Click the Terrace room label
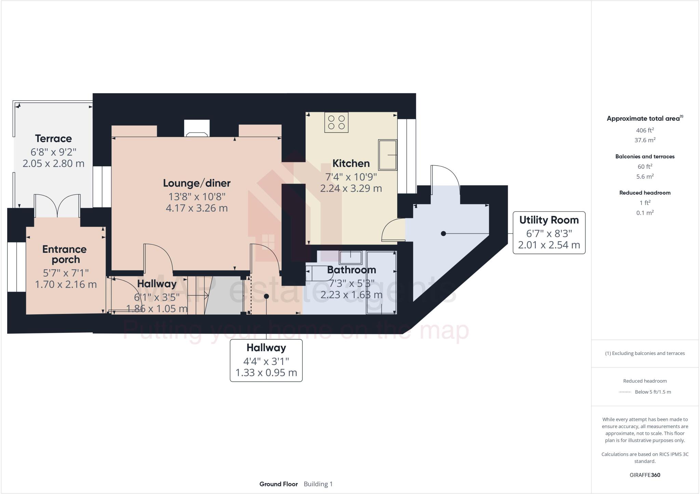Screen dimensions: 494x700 point(53,139)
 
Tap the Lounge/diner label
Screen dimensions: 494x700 point(197,183)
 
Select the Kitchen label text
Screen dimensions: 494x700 point(351,164)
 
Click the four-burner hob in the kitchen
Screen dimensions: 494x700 point(336,122)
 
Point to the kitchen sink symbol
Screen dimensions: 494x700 point(387,155)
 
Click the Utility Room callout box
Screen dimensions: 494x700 point(549,232)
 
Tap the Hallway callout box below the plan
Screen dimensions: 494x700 point(266,360)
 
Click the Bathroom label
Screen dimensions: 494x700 point(351,270)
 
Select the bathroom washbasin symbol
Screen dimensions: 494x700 point(350,257)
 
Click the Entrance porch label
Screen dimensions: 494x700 point(65,254)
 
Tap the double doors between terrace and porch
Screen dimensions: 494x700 point(57,206)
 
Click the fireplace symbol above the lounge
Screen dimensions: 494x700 point(197,129)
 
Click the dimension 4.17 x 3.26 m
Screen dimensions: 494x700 point(197,208)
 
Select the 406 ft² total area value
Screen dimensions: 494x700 point(645,130)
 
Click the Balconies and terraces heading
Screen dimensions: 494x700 point(645,156)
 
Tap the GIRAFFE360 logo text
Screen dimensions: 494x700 point(645,475)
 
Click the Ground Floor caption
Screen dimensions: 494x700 point(278,484)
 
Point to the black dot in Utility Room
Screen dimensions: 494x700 point(443,234)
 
